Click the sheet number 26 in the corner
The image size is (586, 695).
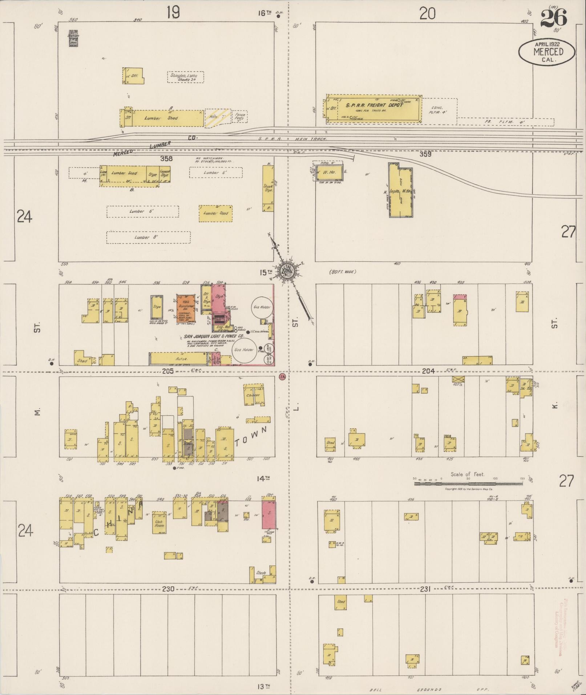click(553, 18)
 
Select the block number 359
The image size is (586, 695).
click(425, 154)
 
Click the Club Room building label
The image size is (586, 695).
click(159, 524)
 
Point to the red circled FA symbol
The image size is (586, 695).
click(282, 377)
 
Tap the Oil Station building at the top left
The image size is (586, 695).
click(74, 38)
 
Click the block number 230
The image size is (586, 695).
click(168, 589)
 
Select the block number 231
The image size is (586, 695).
click(425, 589)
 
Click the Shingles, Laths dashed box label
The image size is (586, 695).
click(186, 77)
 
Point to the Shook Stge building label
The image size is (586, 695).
click(268, 187)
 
